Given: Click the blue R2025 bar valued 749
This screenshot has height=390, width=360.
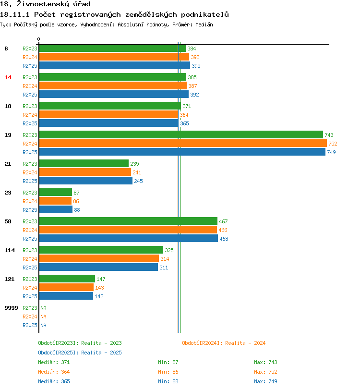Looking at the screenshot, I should [x=182, y=152].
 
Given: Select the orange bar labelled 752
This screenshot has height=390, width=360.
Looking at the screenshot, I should [x=182, y=144].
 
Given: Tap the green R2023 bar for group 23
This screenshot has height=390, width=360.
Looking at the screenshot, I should [x=55, y=193].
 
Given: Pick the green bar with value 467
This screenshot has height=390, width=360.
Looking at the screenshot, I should [x=128, y=221].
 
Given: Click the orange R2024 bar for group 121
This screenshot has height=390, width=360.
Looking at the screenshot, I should [x=66, y=288].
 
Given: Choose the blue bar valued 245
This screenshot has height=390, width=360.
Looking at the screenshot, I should [x=85, y=181].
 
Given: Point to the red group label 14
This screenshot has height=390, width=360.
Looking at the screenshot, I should [x=8, y=77].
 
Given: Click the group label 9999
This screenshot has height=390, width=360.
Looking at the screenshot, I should [x=11, y=308].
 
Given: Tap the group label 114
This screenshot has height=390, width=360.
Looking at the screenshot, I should [x=10, y=250].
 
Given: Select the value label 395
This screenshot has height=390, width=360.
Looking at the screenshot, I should [x=196, y=66].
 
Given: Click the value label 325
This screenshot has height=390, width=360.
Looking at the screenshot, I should [x=169, y=250].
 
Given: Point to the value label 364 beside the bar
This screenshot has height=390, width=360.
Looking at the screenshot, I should [x=184, y=115].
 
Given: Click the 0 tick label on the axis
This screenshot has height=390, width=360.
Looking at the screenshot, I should [x=39, y=39].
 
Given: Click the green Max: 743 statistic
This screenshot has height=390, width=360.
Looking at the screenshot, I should [x=265, y=362].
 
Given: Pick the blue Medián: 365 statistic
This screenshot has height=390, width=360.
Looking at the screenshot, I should [x=54, y=381].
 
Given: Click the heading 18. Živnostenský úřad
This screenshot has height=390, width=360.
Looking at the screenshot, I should [x=45, y=4].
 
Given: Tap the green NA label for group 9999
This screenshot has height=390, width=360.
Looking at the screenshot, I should [x=43, y=308].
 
